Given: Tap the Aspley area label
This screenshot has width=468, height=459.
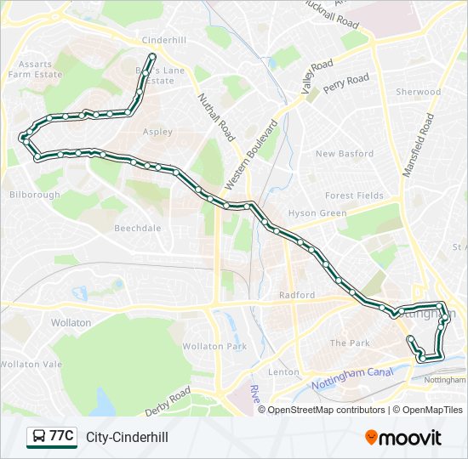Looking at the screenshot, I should click(x=157, y=132).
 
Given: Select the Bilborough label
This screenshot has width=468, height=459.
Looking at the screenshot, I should click(x=35, y=195).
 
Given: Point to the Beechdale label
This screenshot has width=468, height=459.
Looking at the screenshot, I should click(x=137, y=229).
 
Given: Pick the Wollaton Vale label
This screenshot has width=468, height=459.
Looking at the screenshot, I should click(x=31, y=364).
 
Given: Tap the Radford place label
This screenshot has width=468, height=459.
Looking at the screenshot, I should click(x=297, y=295).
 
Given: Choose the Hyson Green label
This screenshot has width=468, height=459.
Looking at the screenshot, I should click(x=317, y=213).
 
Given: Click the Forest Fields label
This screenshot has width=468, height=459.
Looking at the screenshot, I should click(x=354, y=195).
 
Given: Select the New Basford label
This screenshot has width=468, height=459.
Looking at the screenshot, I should click(x=345, y=154).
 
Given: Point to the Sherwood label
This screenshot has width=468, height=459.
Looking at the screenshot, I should click(x=418, y=92).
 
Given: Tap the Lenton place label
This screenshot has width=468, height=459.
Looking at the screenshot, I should click(x=283, y=372).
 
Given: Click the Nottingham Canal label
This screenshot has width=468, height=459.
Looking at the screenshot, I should click(x=349, y=377).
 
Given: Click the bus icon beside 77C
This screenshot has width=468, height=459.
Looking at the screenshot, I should click(x=38, y=437).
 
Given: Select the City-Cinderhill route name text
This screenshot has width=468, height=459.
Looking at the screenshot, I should click(x=127, y=437).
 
